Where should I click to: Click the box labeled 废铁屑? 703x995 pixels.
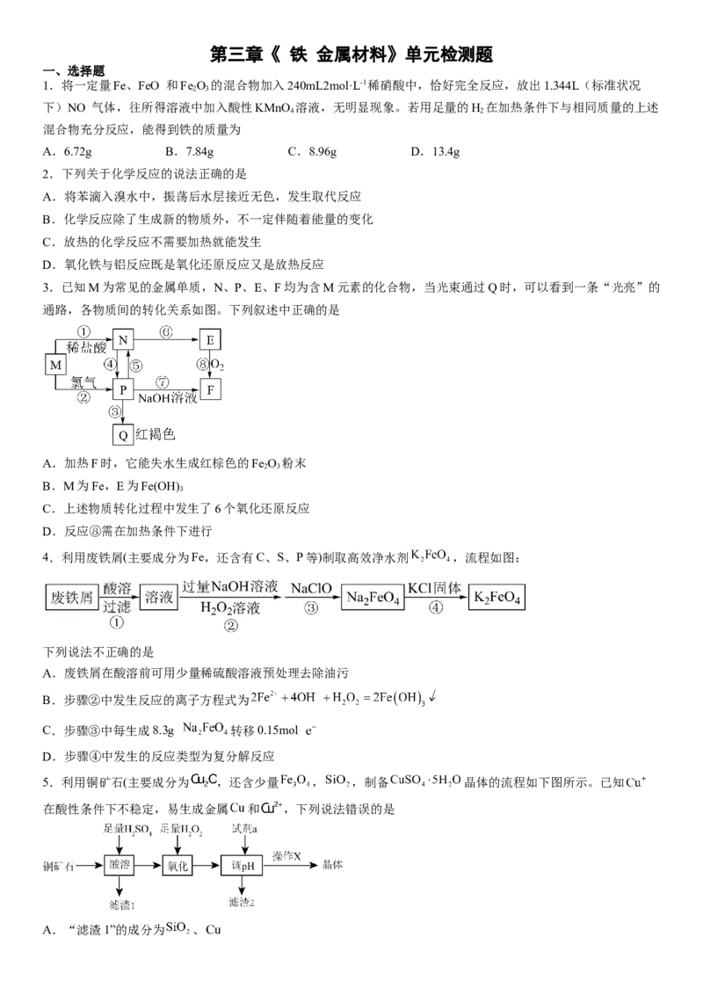point(71,598)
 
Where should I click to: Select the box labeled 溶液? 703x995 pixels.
point(159,598)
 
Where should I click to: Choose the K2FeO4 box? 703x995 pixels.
point(498,598)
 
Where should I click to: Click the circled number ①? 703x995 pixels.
point(117,622)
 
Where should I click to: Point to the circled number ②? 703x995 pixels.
point(231,626)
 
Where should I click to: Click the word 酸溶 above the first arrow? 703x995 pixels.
point(117,587)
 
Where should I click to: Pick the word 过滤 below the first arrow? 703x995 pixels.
point(117,606)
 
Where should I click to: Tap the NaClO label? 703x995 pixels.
point(311,586)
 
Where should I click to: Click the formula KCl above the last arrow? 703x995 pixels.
point(419,586)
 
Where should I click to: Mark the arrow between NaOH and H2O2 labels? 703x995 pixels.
point(230,598)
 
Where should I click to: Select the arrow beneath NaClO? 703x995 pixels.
point(312,598)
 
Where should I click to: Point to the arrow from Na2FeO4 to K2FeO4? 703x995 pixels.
point(436,598)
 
